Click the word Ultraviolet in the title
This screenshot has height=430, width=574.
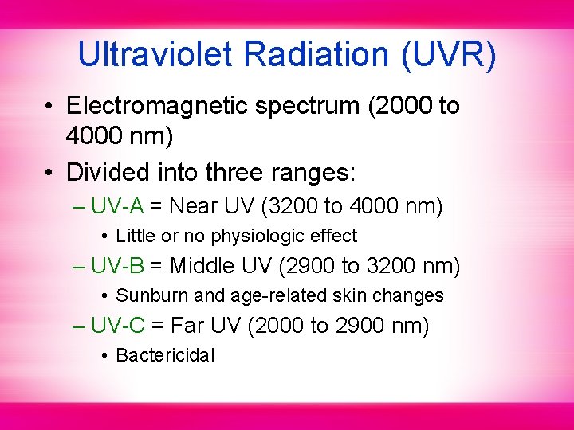pos(156,54)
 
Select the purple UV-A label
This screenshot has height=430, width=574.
pos(117,206)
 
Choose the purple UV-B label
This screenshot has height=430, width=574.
pos(117,265)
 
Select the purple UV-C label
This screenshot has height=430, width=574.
pos(117,325)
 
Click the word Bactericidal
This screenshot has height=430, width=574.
pos(165,355)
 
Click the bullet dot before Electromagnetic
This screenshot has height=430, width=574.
pos(49,107)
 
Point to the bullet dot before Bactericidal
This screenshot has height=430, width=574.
pos(104,356)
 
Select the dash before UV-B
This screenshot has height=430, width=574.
pos(78,266)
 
